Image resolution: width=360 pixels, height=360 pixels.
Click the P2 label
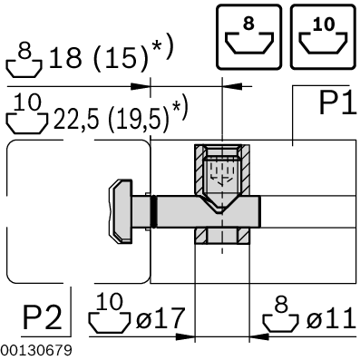click(x=43, y=318)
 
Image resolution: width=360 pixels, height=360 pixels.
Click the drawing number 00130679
click(x=33, y=349)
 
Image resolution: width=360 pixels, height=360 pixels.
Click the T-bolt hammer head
click(x=122, y=212)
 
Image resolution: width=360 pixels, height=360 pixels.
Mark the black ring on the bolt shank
click(x=158, y=212)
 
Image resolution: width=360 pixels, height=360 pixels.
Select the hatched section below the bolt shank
click(x=220, y=237)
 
